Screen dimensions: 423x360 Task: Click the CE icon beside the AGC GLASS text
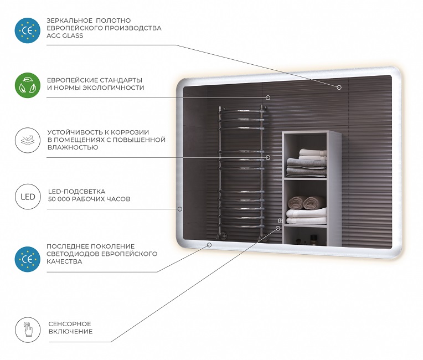(x=28, y=30)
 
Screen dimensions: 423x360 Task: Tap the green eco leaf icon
(x=28, y=85)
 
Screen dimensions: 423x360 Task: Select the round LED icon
(x=28, y=197)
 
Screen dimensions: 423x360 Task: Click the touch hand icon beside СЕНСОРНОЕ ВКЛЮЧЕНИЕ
(x=28, y=330)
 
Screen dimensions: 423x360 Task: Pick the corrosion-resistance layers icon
(x=28, y=140)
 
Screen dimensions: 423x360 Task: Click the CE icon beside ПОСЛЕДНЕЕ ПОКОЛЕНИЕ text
(x=28, y=259)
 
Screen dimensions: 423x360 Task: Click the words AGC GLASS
(x=65, y=35)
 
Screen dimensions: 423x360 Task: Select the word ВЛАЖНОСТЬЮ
(x=73, y=147)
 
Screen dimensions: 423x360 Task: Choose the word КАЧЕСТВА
(x=64, y=261)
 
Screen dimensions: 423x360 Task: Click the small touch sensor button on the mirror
(x=280, y=221)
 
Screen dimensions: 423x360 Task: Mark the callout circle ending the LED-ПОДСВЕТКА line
(x=180, y=209)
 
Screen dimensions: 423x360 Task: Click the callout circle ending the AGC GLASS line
(x=339, y=87)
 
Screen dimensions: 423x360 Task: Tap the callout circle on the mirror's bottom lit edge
(x=209, y=245)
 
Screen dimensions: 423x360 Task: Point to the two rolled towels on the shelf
(x=307, y=203)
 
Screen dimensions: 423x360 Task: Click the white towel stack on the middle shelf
(x=306, y=216)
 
